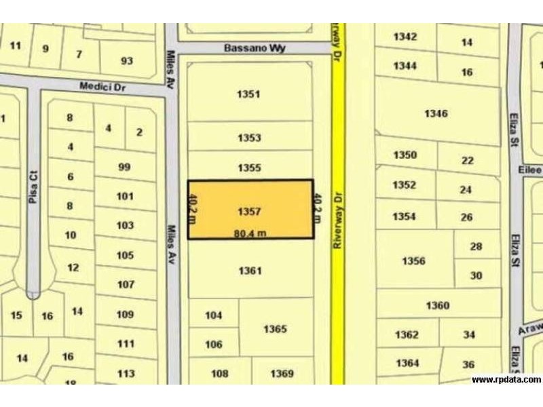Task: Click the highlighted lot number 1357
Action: pos(249,212)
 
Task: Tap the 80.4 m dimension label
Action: pos(249,233)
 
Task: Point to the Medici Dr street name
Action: pos(102,87)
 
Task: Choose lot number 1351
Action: pos(249,94)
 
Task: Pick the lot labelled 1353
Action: pos(249,138)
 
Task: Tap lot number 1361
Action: pos(250,271)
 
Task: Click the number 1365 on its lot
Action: pos(275,329)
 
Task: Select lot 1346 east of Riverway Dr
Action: pos(436,113)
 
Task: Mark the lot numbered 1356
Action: pos(413,260)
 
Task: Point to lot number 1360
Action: pos(438,306)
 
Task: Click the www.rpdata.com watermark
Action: pos(506,380)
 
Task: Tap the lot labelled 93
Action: pos(127,61)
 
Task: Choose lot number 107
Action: pos(126,285)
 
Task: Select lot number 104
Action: pos(214,315)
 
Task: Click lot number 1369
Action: pos(282,374)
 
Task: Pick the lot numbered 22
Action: pos(467,161)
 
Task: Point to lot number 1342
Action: pos(405,37)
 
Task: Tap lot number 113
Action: pos(126,374)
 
